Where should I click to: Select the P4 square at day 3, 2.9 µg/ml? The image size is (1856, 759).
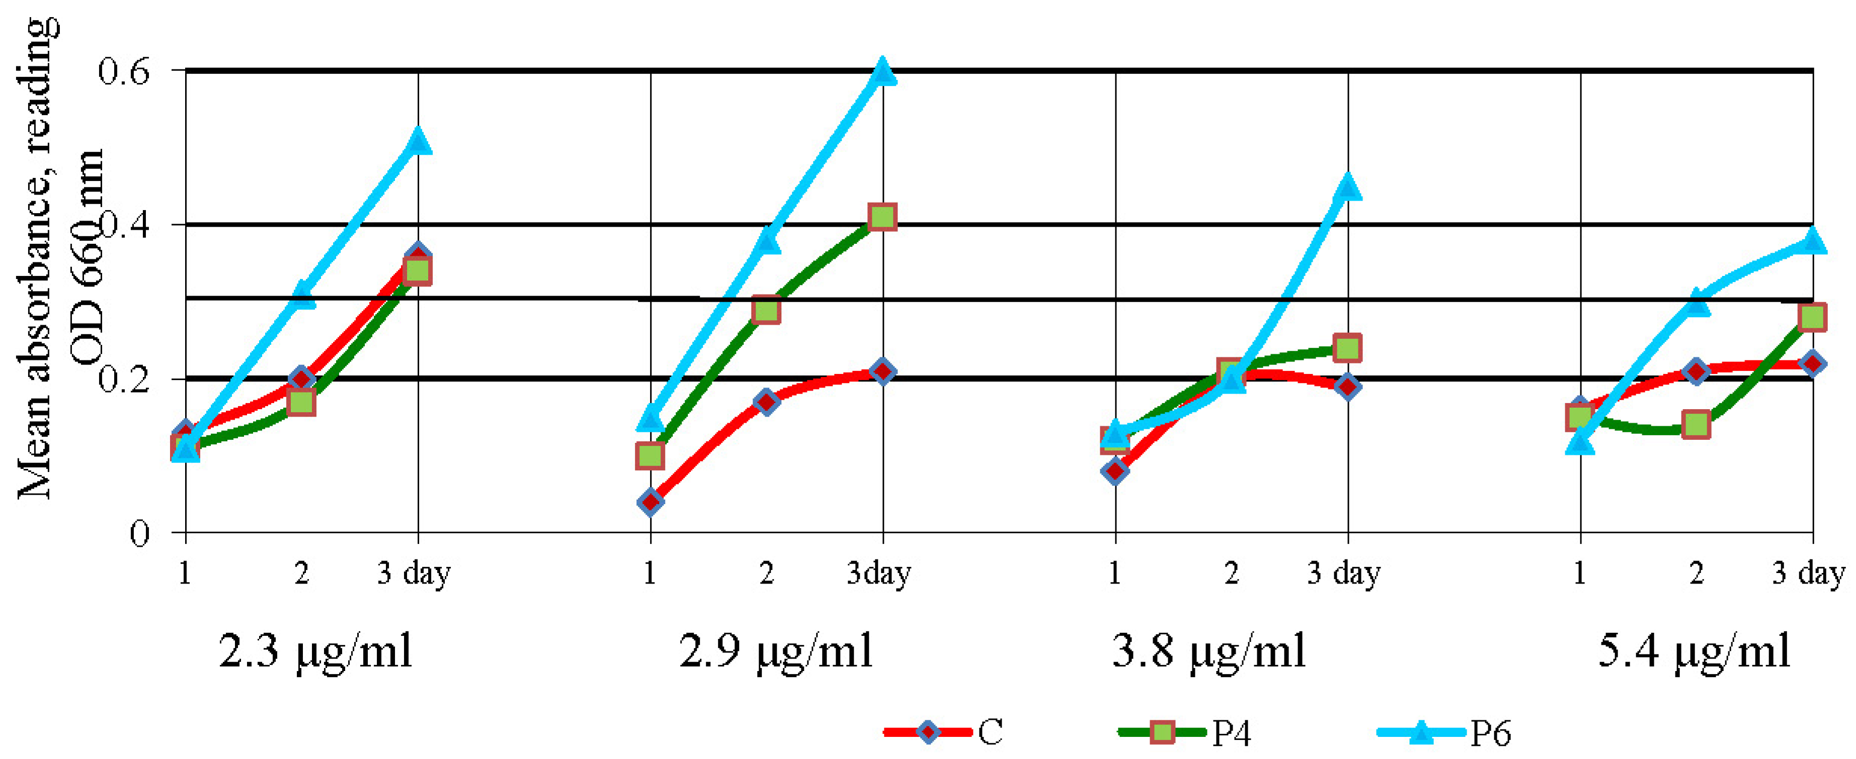[882, 216]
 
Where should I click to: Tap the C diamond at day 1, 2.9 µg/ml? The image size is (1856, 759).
[651, 502]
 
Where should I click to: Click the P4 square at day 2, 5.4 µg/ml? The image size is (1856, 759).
[1697, 424]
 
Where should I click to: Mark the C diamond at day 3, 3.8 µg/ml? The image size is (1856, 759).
[1347, 387]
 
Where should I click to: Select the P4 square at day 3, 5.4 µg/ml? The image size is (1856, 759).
[1813, 317]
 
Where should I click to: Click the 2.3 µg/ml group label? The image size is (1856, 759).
[315, 652]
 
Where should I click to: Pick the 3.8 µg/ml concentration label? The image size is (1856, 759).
[1209, 652]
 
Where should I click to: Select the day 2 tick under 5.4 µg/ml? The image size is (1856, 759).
[1697, 574]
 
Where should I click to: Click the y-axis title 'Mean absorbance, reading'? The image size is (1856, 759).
[36, 259]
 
